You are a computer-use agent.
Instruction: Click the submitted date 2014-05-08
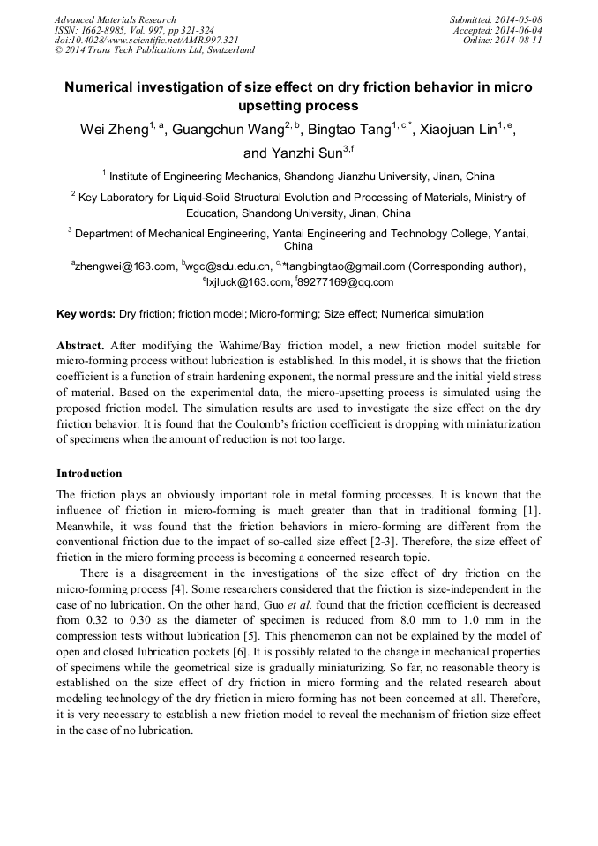tap(518, 19)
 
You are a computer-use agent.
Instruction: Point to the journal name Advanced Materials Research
tap(116, 19)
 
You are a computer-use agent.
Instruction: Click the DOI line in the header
tap(146, 41)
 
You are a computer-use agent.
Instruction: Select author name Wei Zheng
tap(112, 131)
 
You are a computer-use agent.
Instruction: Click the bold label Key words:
tap(86, 314)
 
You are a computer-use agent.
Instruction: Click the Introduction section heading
tap(89, 474)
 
